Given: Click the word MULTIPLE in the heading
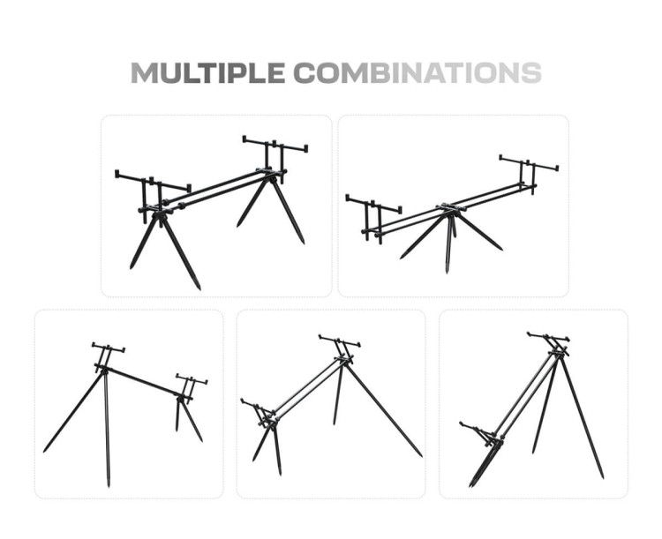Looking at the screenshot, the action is pos(207,72).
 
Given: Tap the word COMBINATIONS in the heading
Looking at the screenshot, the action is pos(418,72).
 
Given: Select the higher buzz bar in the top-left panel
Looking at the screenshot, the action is pos(275,144).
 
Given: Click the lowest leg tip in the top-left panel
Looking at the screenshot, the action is pos(199,288).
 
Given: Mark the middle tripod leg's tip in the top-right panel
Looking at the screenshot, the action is pos(447,272).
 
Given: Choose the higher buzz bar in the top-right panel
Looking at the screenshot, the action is pos(529,163).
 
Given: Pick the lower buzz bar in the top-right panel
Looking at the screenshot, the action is pos(373,204).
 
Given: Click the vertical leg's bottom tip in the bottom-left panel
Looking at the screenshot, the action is pos(109,485).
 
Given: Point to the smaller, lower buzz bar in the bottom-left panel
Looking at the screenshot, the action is pos(192,378).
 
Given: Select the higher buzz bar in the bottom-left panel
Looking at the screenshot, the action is pos(109,348).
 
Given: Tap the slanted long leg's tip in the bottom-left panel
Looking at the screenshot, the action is pos(44,451).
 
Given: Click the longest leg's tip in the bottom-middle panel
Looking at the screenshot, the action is pos(421,456).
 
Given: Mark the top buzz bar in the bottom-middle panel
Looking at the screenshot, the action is pos(340,341).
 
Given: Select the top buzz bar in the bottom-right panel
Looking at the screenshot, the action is pos(548,337).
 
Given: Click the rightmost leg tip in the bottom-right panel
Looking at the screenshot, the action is pos(603,477).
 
